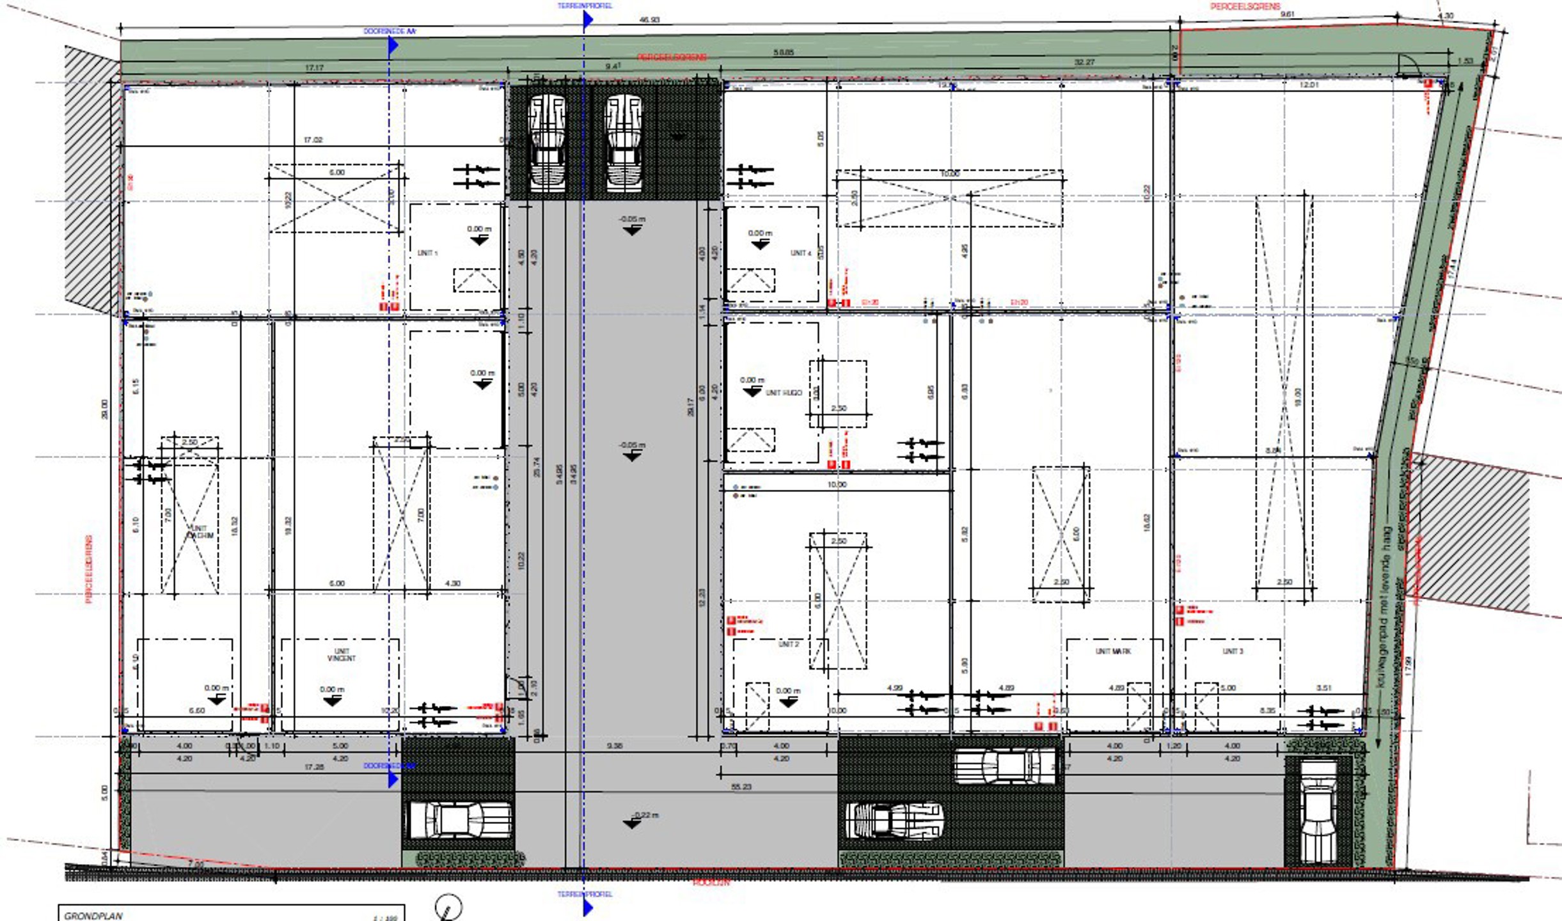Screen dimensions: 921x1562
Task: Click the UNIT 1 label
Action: (x=427, y=253)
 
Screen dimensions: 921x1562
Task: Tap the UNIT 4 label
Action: (x=800, y=253)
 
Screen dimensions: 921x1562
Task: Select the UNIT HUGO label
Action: (x=784, y=393)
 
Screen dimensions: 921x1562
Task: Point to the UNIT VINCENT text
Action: (x=342, y=655)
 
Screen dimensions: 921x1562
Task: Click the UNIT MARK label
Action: (x=1113, y=651)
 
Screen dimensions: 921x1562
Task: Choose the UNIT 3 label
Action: (x=1233, y=651)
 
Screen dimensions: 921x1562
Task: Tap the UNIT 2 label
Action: (x=788, y=644)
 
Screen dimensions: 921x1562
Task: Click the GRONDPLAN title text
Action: (x=93, y=916)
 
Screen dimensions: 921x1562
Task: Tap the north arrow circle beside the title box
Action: (x=448, y=908)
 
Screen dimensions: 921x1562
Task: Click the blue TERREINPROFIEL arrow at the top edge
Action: (x=587, y=20)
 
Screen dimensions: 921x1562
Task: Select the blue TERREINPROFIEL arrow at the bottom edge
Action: (x=587, y=907)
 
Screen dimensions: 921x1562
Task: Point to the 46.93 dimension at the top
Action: (x=649, y=20)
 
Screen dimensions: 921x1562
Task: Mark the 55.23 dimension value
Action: (x=741, y=787)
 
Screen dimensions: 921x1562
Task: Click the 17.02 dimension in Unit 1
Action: (x=313, y=139)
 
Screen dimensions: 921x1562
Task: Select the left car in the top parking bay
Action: (x=547, y=143)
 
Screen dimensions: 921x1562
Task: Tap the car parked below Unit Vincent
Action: (x=459, y=819)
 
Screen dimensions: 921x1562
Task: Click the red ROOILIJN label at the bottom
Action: (x=711, y=883)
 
